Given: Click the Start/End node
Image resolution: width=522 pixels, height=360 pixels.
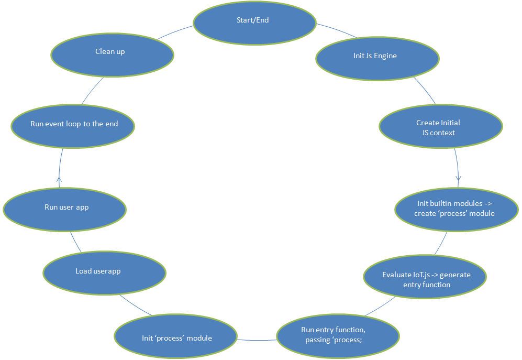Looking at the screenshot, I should [x=254, y=23].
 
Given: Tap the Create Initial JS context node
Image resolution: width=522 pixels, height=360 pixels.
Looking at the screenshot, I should [x=440, y=126].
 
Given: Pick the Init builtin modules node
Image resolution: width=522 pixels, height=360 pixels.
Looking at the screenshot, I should [x=456, y=208].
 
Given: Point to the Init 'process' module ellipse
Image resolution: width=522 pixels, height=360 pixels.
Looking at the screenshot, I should [x=176, y=337].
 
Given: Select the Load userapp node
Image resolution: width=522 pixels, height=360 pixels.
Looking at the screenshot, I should [x=104, y=271].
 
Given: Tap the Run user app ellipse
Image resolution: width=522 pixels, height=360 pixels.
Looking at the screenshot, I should [x=65, y=208].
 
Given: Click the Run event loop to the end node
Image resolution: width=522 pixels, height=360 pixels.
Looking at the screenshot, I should [x=73, y=125].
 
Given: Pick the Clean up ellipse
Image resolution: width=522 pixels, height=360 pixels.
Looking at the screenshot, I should [x=112, y=53].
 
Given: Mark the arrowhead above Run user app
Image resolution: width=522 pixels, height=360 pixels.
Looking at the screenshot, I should [x=59, y=181].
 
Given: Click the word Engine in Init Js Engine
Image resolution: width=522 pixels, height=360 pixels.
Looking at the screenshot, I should [x=385, y=56].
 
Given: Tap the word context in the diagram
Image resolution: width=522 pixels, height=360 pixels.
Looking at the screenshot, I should [x=443, y=133].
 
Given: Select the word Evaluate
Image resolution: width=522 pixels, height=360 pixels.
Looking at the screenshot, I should [x=396, y=275].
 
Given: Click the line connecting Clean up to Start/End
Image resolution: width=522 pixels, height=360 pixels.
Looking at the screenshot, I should [x=174, y=32].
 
